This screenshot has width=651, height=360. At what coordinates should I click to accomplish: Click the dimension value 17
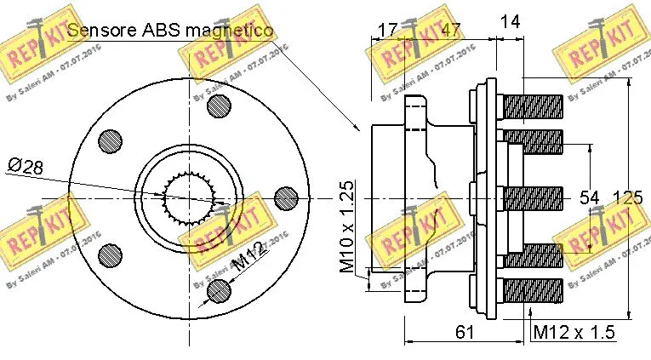click(387, 30)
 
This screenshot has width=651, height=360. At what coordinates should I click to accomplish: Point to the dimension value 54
click(590, 197)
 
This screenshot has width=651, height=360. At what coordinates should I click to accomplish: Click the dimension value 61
click(464, 332)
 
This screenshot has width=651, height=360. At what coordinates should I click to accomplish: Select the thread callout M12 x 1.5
click(573, 332)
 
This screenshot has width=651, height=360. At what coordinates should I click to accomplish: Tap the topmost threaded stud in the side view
click(534, 107)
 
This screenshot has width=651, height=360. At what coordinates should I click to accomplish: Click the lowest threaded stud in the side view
click(534, 289)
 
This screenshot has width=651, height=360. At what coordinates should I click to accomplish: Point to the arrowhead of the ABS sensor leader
click(360, 129)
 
